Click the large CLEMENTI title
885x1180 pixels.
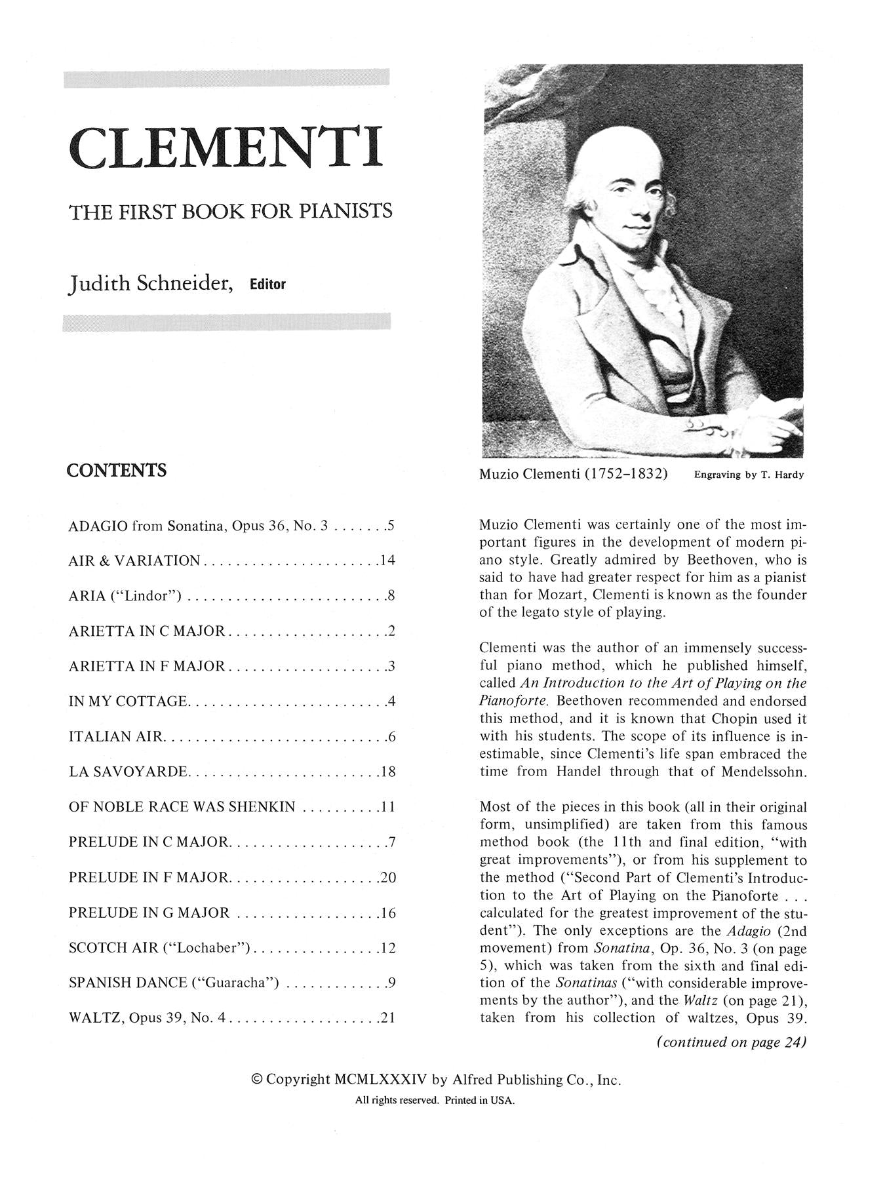pos(225,147)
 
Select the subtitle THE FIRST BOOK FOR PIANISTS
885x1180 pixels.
pos(230,211)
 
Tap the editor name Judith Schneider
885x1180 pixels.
pos(151,285)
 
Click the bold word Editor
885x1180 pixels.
pos(267,285)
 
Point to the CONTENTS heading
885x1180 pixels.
pos(117,471)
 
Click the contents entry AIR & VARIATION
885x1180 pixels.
pos(134,560)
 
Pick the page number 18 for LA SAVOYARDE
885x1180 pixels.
pos(388,772)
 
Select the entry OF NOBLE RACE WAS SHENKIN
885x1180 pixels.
pos(182,807)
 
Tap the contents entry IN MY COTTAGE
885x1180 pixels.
pos(127,701)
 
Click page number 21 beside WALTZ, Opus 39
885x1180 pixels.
pos(388,1019)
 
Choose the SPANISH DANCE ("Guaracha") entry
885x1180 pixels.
pos(174,983)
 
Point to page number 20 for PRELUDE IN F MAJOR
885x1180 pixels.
pos(388,878)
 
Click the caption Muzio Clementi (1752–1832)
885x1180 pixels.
pos(574,474)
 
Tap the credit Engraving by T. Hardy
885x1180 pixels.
pos(748,475)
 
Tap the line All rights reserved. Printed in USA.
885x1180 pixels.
pos(435,1101)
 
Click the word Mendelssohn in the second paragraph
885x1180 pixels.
pos(764,772)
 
